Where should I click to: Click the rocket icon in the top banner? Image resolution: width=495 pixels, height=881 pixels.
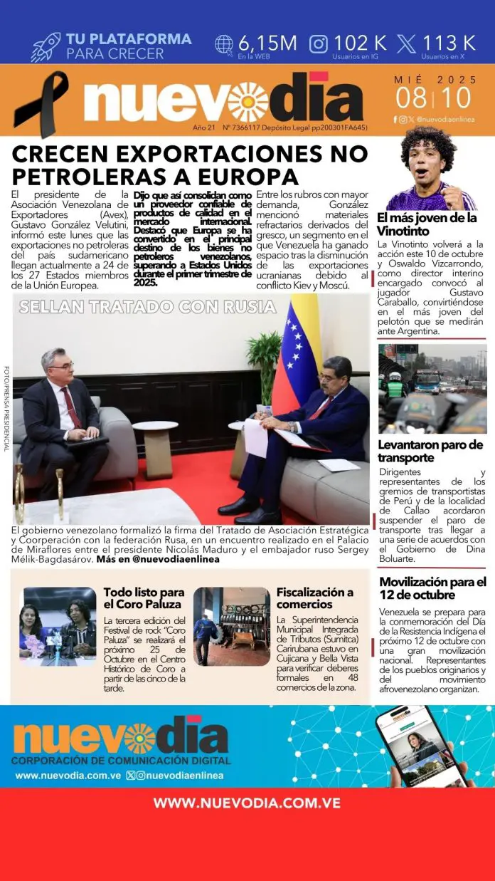point(45,47)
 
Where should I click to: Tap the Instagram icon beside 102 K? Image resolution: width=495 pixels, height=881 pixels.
point(319,43)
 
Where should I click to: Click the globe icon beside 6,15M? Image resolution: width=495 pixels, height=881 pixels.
point(223,43)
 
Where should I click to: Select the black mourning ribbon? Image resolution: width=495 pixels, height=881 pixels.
point(42,103)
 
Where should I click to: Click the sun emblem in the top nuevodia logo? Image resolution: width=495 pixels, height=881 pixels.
point(247,102)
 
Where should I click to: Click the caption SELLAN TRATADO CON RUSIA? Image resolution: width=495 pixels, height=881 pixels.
point(148,307)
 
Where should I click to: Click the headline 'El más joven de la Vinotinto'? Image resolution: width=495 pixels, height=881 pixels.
point(427,225)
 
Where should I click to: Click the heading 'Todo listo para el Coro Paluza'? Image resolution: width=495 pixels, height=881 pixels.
point(144,598)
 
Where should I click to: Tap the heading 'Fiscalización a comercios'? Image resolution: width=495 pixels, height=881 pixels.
point(314,598)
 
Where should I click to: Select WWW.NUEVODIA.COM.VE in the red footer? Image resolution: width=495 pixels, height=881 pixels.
point(247,803)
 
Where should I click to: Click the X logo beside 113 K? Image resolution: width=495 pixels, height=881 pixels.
point(407,43)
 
